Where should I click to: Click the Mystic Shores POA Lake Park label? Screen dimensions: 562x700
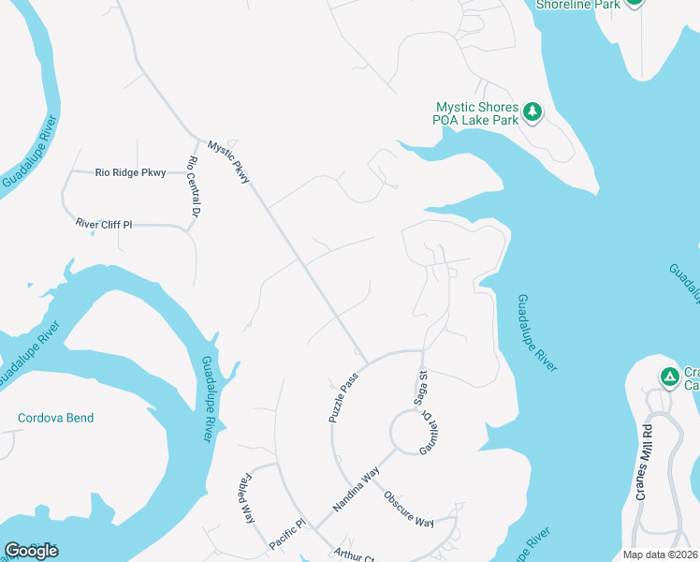(x=477, y=113)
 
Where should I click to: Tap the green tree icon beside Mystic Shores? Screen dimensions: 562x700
(x=532, y=112)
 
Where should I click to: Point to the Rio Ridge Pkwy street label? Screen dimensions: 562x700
(x=130, y=172)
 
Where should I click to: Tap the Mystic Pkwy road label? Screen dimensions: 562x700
(x=229, y=161)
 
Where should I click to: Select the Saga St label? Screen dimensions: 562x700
(x=422, y=388)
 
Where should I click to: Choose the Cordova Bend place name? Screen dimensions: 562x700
(x=56, y=418)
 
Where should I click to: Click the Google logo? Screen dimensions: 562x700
(x=31, y=551)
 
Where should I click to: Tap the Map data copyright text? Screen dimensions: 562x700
(x=661, y=555)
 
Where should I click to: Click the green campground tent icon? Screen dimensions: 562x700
(x=669, y=377)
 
